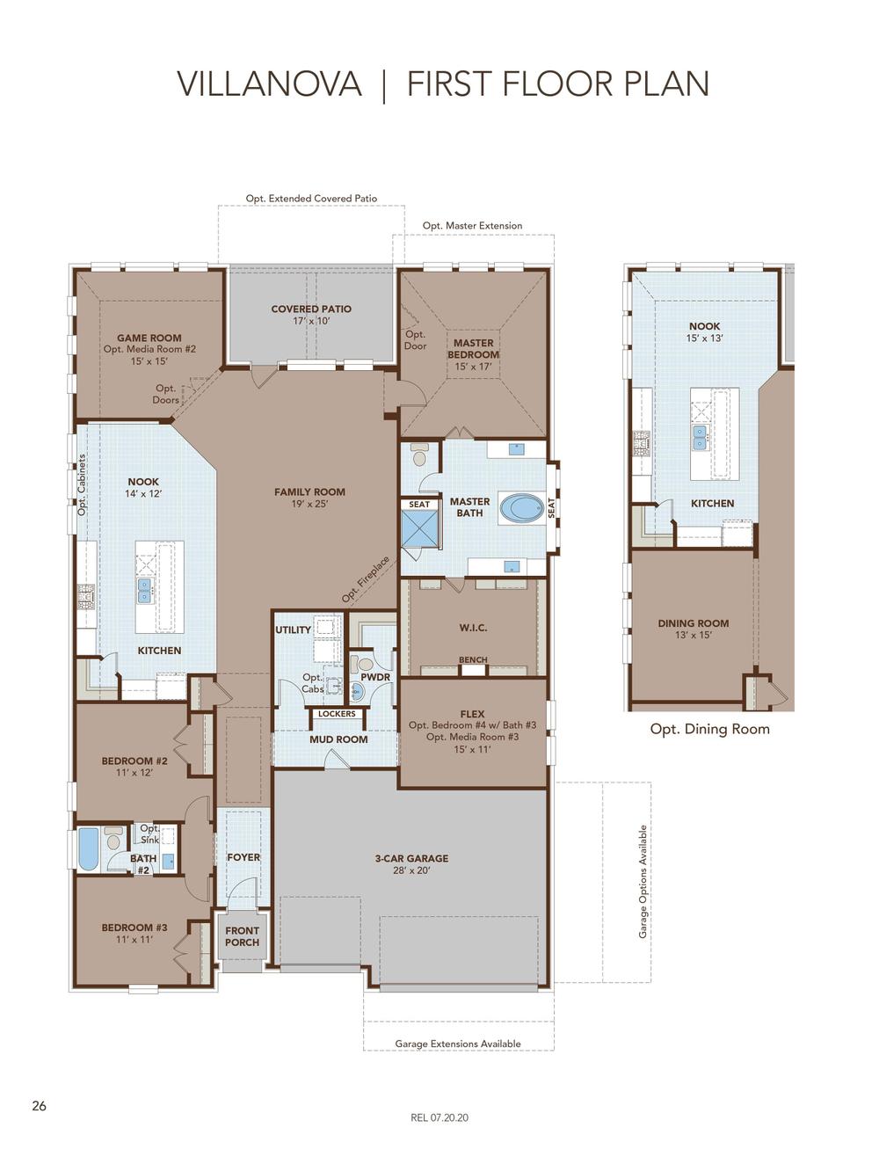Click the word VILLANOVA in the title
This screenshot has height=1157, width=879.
coord(269,84)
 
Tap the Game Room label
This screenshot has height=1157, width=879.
coord(149,338)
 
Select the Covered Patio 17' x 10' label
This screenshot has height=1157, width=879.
coord(311,315)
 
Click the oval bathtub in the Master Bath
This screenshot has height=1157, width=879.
coord(522,508)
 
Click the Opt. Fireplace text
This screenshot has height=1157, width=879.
coord(365,579)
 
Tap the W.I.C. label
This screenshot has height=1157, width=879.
coord(473,628)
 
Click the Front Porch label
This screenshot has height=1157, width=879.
coord(242,936)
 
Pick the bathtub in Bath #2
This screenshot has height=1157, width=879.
coord(88,849)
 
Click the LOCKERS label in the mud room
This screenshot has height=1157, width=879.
coord(337,714)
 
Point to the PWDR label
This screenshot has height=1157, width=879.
coord(375,678)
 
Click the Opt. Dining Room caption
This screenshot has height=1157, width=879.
coord(709,729)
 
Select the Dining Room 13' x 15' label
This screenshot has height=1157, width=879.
coord(694,629)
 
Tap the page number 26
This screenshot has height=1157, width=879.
coord(39,1106)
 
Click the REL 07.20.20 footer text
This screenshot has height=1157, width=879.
coord(439,1118)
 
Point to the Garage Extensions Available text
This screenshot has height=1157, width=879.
coord(457,1044)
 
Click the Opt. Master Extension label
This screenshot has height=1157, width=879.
coord(472,226)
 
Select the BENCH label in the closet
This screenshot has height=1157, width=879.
coord(473,660)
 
